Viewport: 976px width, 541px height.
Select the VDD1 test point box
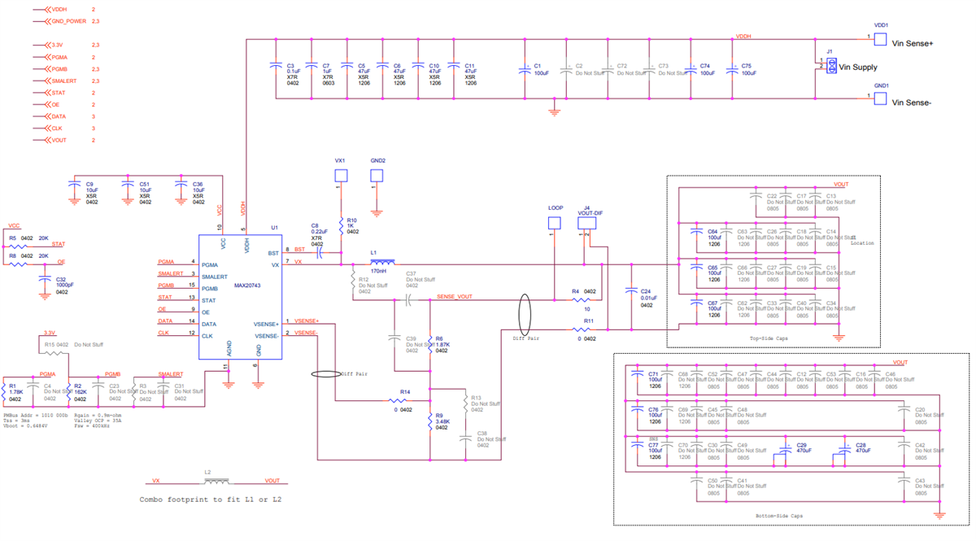[x=880, y=39]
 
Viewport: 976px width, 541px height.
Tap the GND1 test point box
[x=880, y=98]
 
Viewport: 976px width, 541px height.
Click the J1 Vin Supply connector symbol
[x=831, y=68]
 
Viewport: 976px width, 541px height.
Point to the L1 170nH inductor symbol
[x=382, y=263]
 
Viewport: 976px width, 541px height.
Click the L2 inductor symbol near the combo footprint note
[x=217, y=481]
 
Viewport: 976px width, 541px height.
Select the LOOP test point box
[x=555, y=222]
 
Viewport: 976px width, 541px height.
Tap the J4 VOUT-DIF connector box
[x=586, y=222]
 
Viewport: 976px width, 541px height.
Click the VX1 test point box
[x=341, y=176]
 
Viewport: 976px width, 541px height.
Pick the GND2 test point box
[x=377, y=176]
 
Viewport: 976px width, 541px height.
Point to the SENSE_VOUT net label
[x=454, y=298]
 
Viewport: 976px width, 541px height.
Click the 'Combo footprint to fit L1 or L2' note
[x=211, y=499]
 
